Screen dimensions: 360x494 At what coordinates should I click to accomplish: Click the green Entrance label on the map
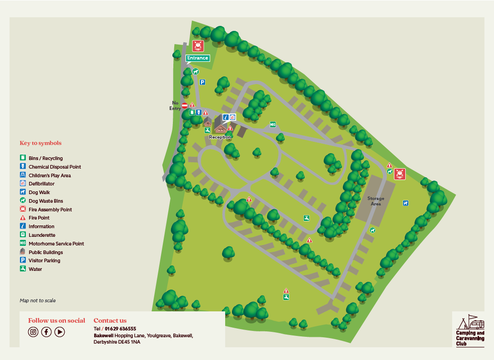click(197, 58)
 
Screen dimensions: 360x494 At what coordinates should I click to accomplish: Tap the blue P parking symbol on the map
click(202, 82)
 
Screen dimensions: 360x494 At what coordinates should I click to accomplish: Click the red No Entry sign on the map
click(185, 105)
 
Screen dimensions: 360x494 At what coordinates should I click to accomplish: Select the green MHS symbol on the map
click(273, 124)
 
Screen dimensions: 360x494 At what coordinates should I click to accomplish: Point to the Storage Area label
click(376, 201)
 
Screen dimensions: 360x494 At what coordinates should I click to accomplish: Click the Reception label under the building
click(220, 137)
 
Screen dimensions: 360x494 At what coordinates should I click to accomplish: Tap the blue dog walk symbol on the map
click(405, 203)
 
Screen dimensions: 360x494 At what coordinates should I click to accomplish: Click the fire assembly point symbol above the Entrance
click(198, 45)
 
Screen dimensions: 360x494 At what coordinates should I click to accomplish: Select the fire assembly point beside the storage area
click(399, 173)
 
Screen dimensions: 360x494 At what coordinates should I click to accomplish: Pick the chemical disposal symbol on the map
click(199, 112)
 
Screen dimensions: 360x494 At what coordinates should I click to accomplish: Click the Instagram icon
click(33, 332)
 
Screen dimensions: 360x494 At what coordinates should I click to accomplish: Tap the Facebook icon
click(46, 332)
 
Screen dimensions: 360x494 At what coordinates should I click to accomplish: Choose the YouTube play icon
click(60, 332)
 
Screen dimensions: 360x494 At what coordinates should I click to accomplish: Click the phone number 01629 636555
click(120, 329)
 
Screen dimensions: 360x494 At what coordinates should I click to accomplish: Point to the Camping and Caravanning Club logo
click(470, 330)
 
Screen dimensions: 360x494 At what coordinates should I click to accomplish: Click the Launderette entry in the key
click(41, 235)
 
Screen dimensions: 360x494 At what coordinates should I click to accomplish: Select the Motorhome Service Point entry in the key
click(56, 244)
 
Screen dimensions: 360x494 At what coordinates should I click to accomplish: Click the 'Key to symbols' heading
click(40, 143)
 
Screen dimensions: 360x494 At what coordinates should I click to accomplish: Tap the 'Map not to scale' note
click(38, 300)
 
